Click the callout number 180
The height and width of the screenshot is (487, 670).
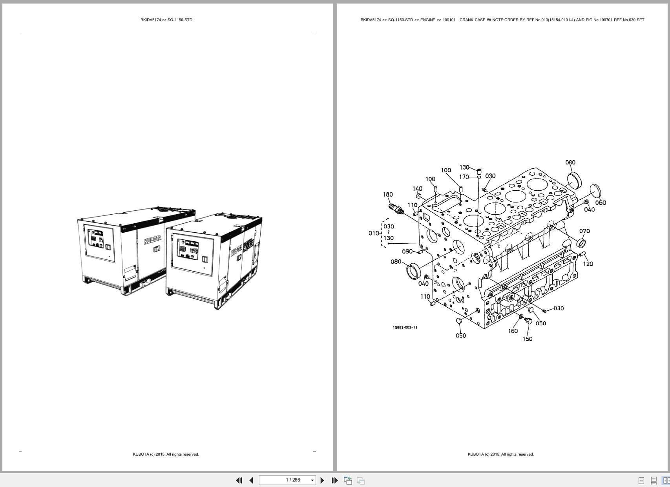tap(388, 195)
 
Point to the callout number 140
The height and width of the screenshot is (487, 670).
tap(418, 189)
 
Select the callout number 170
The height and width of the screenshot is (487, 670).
tap(464, 177)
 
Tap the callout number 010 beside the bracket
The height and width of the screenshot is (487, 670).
tap(374, 233)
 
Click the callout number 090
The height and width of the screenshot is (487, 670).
tap(407, 252)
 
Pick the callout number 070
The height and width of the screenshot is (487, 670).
tap(584, 231)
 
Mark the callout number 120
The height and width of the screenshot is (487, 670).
tap(588, 264)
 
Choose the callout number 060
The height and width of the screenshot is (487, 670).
tap(601, 203)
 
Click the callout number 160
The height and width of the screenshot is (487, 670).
tap(513, 331)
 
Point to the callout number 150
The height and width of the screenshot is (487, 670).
tap(528, 339)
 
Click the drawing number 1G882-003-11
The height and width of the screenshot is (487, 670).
tap(405, 328)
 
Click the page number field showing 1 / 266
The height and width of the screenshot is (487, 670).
tap(287, 480)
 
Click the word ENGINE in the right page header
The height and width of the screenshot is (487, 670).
tap(427, 20)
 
